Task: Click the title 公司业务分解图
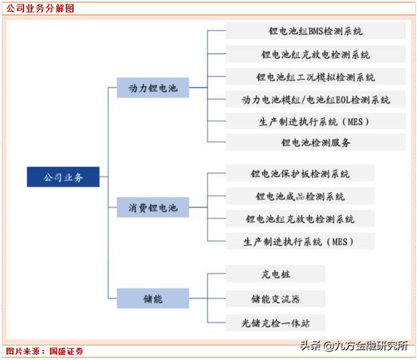pyautogui.click(x=40, y=8)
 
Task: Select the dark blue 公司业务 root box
pyautogui.click(x=63, y=177)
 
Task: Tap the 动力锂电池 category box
pyautogui.click(x=153, y=88)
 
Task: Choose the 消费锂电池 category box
pyautogui.click(x=153, y=207)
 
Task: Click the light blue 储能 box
pyautogui.click(x=153, y=298)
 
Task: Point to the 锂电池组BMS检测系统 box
pyautogui.click(x=315, y=31)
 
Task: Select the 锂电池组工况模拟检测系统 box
pyautogui.click(x=315, y=77)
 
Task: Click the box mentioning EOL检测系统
pyautogui.click(x=315, y=100)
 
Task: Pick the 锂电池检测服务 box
pyautogui.click(x=315, y=143)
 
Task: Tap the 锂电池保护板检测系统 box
pyautogui.click(x=300, y=173)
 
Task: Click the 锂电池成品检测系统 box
pyautogui.click(x=300, y=196)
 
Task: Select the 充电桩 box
pyautogui.click(x=276, y=273)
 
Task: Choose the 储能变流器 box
pyautogui.click(x=276, y=299)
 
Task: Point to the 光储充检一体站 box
pyautogui.click(x=276, y=323)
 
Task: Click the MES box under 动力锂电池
pyautogui.click(x=315, y=122)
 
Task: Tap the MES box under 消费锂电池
pyautogui.click(x=300, y=242)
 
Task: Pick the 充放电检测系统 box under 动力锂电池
pyautogui.click(x=315, y=54)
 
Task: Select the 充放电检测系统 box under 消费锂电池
pyautogui.click(x=300, y=219)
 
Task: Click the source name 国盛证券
pyautogui.click(x=66, y=352)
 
